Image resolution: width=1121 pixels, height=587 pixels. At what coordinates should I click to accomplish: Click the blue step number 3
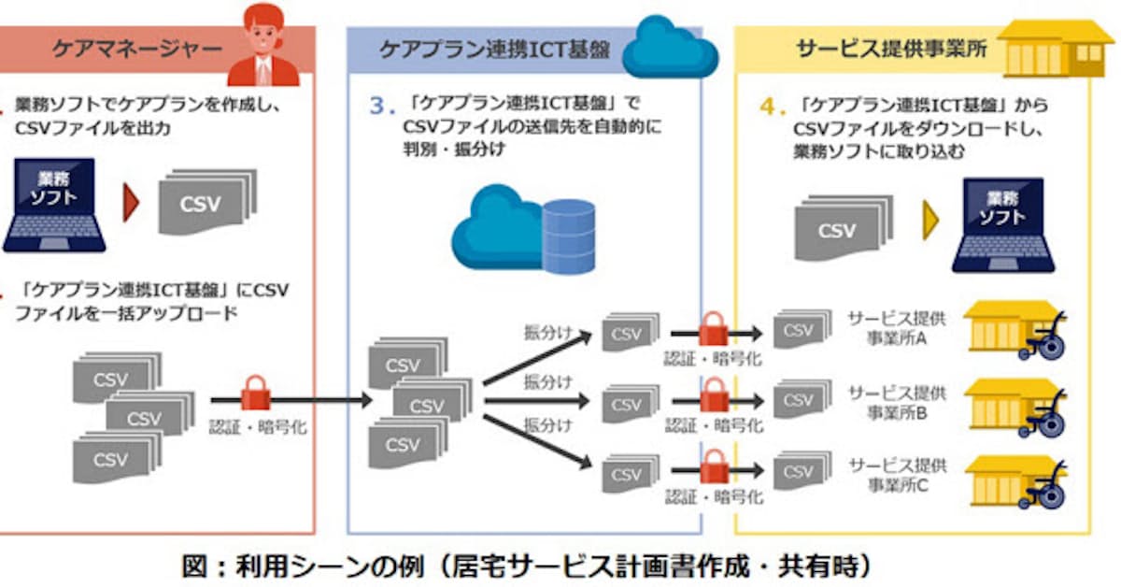377,107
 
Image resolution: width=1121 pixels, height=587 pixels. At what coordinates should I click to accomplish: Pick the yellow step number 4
767,107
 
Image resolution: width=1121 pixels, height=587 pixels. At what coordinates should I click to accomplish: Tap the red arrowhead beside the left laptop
131,203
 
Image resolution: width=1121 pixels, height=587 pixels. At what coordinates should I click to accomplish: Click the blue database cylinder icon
568,236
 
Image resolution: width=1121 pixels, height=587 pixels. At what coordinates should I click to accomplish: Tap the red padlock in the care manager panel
255,393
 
